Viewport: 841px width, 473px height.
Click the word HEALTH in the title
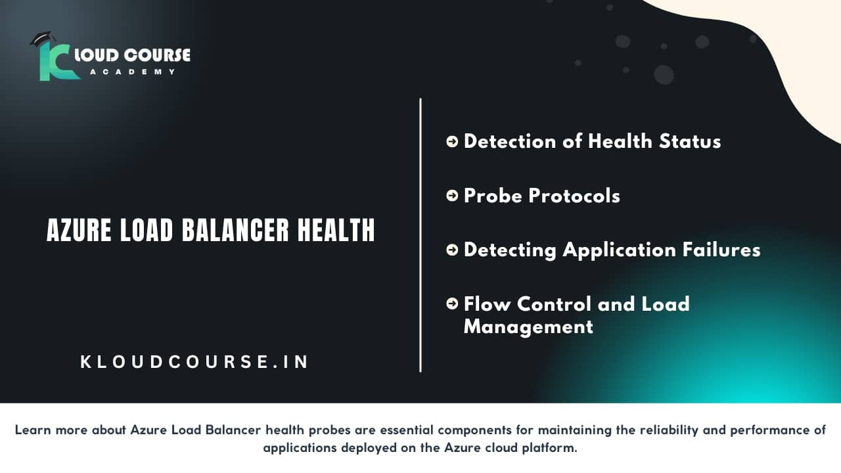coord(336,231)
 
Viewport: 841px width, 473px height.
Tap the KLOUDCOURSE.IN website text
coord(194,362)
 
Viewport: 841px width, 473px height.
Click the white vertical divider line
coord(420,235)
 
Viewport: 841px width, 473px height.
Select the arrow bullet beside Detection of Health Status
coord(452,141)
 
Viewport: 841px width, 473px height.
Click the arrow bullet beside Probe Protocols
coord(452,195)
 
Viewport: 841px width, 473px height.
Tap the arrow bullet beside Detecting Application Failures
coord(452,250)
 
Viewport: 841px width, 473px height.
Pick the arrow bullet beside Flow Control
coord(452,304)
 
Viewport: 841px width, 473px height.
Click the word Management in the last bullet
coord(528,326)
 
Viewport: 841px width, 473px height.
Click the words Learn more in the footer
coord(49,430)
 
